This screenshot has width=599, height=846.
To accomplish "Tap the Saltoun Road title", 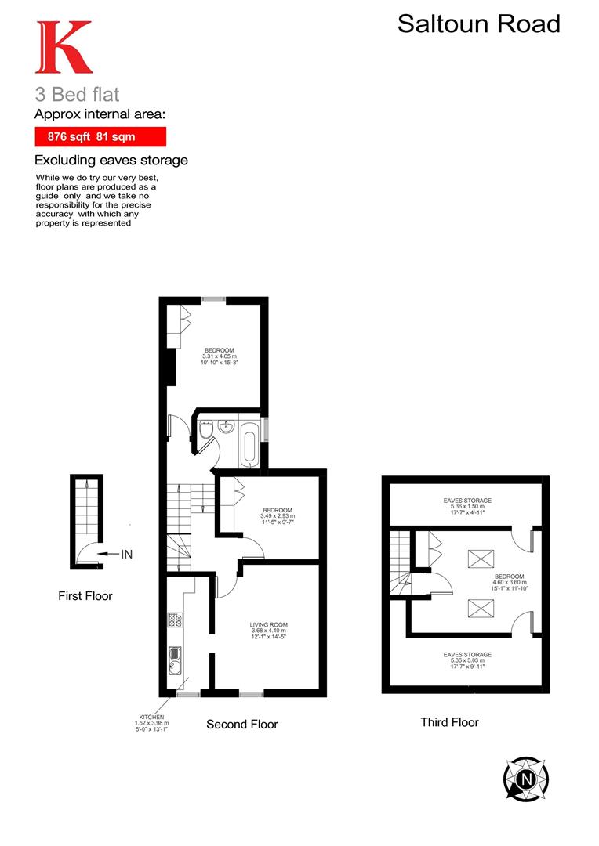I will click(x=478, y=23).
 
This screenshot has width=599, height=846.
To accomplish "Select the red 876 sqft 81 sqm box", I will click(x=100, y=136).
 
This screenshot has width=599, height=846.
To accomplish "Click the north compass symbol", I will click(x=525, y=779).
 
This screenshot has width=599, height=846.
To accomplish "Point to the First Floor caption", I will click(x=85, y=596).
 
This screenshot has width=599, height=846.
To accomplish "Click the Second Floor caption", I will click(x=241, y=725).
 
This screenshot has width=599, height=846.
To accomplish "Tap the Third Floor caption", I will click(x=449, y=722).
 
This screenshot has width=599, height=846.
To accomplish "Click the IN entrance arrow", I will click(x=110, y=555).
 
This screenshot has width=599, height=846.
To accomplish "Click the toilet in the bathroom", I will click(x=206, y=430).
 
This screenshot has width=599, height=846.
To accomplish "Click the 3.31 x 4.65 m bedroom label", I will click(x=220, y=356).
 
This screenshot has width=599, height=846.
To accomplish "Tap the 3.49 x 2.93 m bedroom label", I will click(x=278, y=516).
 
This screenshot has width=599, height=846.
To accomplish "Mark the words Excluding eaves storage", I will click(x=111, y=161).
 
